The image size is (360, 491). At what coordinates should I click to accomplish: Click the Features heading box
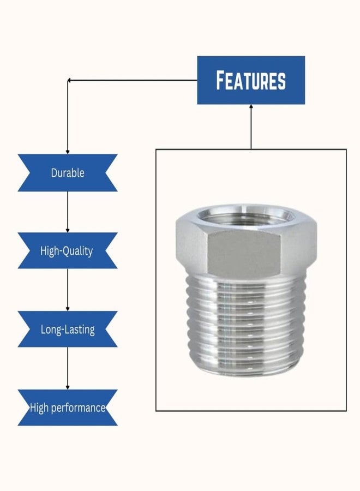(251, 80)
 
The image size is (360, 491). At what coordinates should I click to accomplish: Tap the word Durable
(68, 173)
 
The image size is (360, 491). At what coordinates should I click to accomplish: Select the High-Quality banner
(68, 250)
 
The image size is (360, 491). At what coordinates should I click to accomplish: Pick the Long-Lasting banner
(68, 329)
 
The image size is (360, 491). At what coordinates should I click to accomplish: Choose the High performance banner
(68, 408)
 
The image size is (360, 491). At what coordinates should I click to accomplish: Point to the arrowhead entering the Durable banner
(68, 152)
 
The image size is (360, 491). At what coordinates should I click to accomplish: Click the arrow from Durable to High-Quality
(68, 212)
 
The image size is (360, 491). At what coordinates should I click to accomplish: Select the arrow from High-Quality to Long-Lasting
(68, 290)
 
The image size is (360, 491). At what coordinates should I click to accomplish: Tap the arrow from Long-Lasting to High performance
(68, 368)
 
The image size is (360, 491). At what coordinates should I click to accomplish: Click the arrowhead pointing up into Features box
(251, 106)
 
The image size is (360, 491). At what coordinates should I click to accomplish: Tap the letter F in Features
(221, 80)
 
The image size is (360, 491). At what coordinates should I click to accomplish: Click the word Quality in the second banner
(78, 251)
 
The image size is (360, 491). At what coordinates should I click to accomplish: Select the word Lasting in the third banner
(81, 330)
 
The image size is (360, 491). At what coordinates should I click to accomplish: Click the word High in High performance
(39, 408)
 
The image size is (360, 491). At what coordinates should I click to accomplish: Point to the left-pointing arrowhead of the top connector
(69, 81)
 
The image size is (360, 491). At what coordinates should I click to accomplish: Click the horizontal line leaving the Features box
(133, 81)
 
